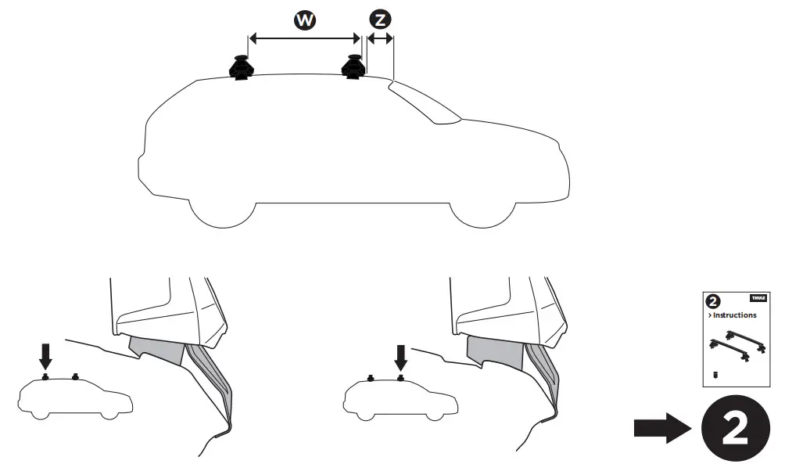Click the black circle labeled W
(x=304, y=21)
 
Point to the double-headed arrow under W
(x=303, y=37)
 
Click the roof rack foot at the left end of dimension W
(x=242, y=68)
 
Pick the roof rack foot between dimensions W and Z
(x=353, y=67)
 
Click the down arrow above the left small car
(x=45, y=357)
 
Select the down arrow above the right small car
(x=401, y=357)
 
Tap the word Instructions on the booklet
(x=733, y=315)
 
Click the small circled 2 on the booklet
(x=712, y=300)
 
